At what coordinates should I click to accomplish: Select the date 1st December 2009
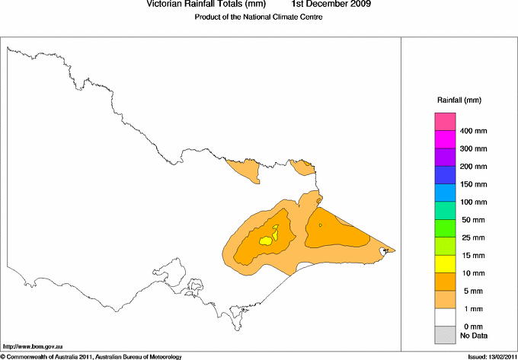[x=332, y=5]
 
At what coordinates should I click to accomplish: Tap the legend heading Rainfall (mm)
[x=459, y=100]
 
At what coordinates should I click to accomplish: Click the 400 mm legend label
[x=473, y=131]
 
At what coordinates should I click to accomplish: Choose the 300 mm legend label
[x=473, y=148]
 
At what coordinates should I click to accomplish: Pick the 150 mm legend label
[x=473, y=184]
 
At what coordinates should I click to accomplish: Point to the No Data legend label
[x=474, y=335]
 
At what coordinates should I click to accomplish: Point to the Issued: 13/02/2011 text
[x=488, y=355]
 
